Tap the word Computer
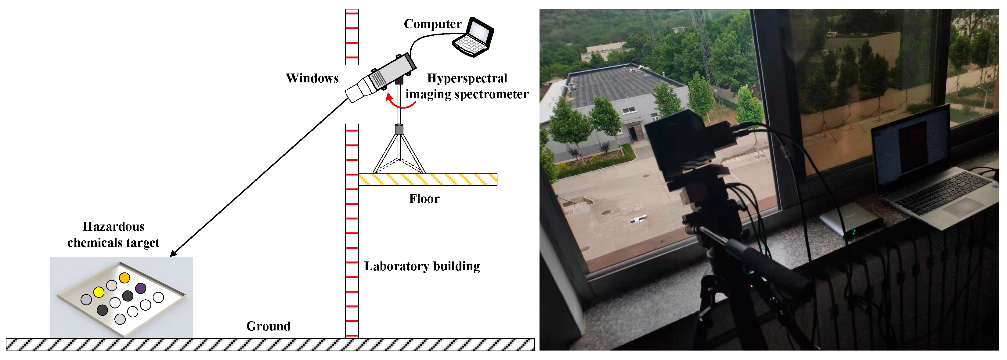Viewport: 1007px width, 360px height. click(x=432, y=24)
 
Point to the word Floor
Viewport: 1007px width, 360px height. click(x=424, y=199)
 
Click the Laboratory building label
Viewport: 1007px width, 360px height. click(x=422, y=266)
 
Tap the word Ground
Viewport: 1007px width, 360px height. click(x=268, y=326)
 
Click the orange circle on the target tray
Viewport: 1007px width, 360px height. click(x=124, y=278)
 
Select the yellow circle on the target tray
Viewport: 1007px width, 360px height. click(x=99, y=292)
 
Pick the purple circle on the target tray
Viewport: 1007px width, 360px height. click(x=141, y=289)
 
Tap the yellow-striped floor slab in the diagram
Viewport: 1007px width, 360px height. click(x=428, y=179)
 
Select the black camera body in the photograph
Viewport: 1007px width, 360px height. click(x=680, y=141)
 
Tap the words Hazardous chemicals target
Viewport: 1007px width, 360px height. click(x=114, y=235)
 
